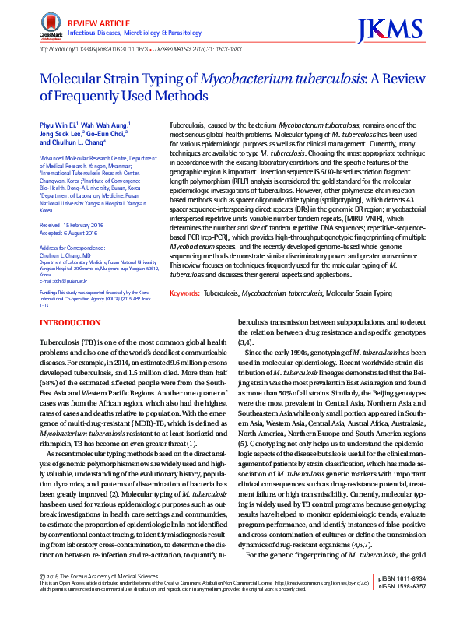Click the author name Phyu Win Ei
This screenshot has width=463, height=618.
(57, 125)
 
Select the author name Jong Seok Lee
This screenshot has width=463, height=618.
(62, 134)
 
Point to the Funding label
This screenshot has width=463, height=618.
(49, 293)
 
